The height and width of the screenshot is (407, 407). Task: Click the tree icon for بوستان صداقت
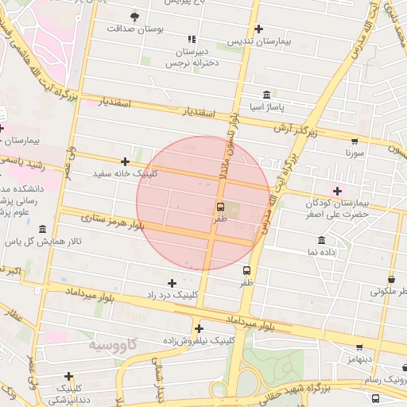click(134, 16)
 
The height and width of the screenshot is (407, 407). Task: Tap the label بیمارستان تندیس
click(254, 40)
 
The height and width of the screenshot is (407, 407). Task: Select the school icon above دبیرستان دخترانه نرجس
click(192, 39)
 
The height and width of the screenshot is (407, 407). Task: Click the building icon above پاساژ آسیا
click(266, 95)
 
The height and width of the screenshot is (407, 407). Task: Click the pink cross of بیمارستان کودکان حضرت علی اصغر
click(338, 190)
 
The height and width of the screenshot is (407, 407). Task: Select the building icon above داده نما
click(321, 240)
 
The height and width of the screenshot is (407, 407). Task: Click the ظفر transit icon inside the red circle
click(219, 206)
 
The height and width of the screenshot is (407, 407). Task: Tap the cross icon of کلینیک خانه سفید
click(126, 161)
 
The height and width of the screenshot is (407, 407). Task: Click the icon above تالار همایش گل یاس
click(42, 229)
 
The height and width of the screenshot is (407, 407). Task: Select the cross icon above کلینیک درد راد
click(172, 283)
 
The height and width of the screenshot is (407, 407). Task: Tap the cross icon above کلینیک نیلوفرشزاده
click(198, 328)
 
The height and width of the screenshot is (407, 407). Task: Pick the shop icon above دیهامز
click(359, 347)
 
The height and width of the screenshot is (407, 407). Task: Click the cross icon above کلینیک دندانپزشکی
click(69, 376)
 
